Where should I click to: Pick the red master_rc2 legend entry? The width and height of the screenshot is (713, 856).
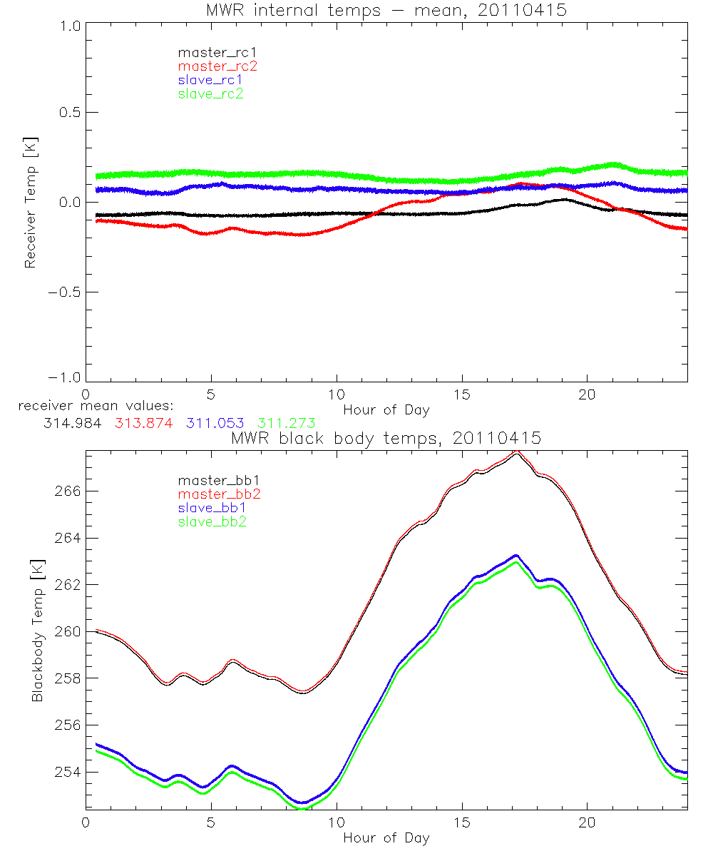pos(217,66)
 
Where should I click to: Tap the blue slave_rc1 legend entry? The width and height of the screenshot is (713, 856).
pos(210,79)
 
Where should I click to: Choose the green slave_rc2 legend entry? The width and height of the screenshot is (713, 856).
pos(210,93)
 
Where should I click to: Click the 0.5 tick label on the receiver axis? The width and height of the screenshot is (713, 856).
pos(67,113)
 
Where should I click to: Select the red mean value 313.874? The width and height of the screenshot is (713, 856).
pos(143,423)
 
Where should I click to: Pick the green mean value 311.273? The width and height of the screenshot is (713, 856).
pos(287,423)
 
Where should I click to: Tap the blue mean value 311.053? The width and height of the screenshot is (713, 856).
pos(215,423)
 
